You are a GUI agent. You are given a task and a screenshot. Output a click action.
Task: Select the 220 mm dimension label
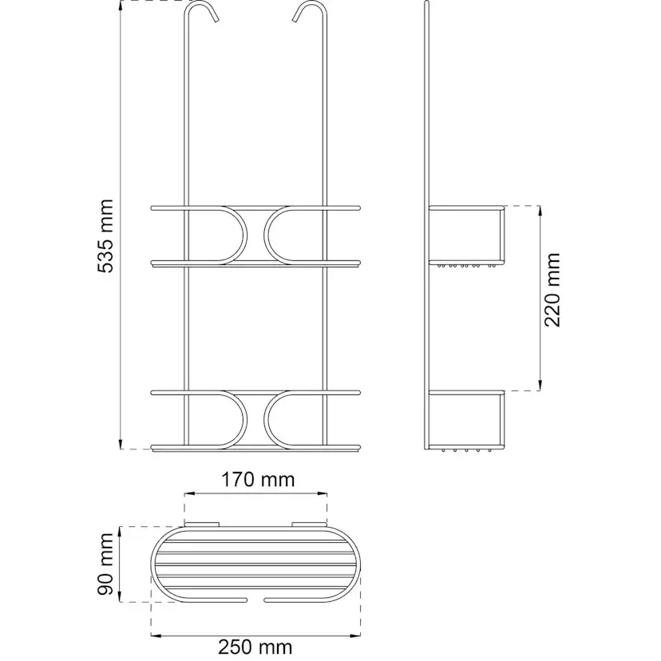[x=552, y=290]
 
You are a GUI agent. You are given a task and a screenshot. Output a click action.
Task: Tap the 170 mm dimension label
[x=258, y=480]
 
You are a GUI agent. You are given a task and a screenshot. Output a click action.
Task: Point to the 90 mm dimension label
[x=105, y=565]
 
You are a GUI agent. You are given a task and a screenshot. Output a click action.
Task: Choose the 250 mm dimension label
[x=255, y=647]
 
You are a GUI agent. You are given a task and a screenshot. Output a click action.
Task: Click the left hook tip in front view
[x=216, y=20]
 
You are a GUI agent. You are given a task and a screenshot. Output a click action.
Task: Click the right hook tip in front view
[x=295, y=18]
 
